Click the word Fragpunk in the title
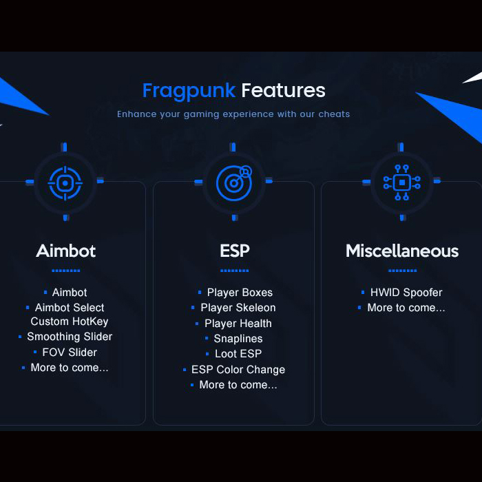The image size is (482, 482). click(189, 91)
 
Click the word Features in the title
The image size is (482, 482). click(283, 90)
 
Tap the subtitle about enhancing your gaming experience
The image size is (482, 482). click(233, 114)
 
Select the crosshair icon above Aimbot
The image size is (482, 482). click(65, 183)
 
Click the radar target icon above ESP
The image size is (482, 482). click(234, 183)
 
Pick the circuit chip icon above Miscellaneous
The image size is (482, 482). click(401, 182)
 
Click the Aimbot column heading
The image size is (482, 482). click(66, 251)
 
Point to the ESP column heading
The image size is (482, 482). click(235, 251)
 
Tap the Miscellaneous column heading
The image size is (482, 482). click(402, 251)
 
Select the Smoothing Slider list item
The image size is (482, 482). click(70, 337)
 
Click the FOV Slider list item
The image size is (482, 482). click(70, 353)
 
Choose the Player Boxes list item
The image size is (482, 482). click(240, 293)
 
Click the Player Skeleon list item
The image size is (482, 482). click(238, 308)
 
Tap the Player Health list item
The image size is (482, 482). click(238, 324)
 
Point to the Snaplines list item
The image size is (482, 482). click(238, 339)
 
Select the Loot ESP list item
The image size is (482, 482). click(238, 354)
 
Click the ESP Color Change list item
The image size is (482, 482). click(238, 370)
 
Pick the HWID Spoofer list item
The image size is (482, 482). click(406, 293)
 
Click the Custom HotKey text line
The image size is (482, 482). click(70, 322)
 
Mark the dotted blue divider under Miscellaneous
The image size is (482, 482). click(402, 271)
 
